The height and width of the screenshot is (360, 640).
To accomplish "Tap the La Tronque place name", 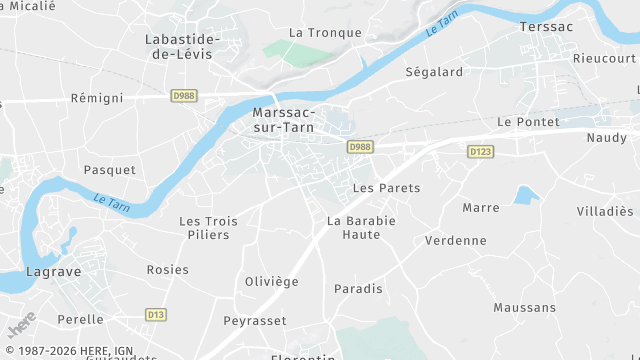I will [325, 32].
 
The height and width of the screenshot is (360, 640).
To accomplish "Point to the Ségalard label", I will [434, 72].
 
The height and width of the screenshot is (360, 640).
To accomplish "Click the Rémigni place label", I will [97, 98].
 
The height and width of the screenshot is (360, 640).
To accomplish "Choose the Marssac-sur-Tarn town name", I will [285, 120].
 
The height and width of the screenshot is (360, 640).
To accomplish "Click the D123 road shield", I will [480, 151].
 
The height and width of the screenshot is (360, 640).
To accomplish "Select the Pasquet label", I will [109, 170].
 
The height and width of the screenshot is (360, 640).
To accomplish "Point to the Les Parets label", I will [387, 188].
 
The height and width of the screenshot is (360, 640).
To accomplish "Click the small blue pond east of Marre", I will [526, 195].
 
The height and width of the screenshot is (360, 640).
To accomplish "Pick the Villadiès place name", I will [605, 211].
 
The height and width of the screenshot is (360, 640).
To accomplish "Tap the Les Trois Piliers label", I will [204, 228].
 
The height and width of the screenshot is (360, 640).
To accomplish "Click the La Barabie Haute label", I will [361, 227].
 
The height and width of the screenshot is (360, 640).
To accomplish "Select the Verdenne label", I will [455, 240].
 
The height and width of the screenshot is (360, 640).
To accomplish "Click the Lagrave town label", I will [53, 271].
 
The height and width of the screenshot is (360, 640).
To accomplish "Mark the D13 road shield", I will [155, 314].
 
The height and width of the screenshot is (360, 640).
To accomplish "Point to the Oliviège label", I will [272, 282].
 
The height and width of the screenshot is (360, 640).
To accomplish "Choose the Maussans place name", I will [525, 307].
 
